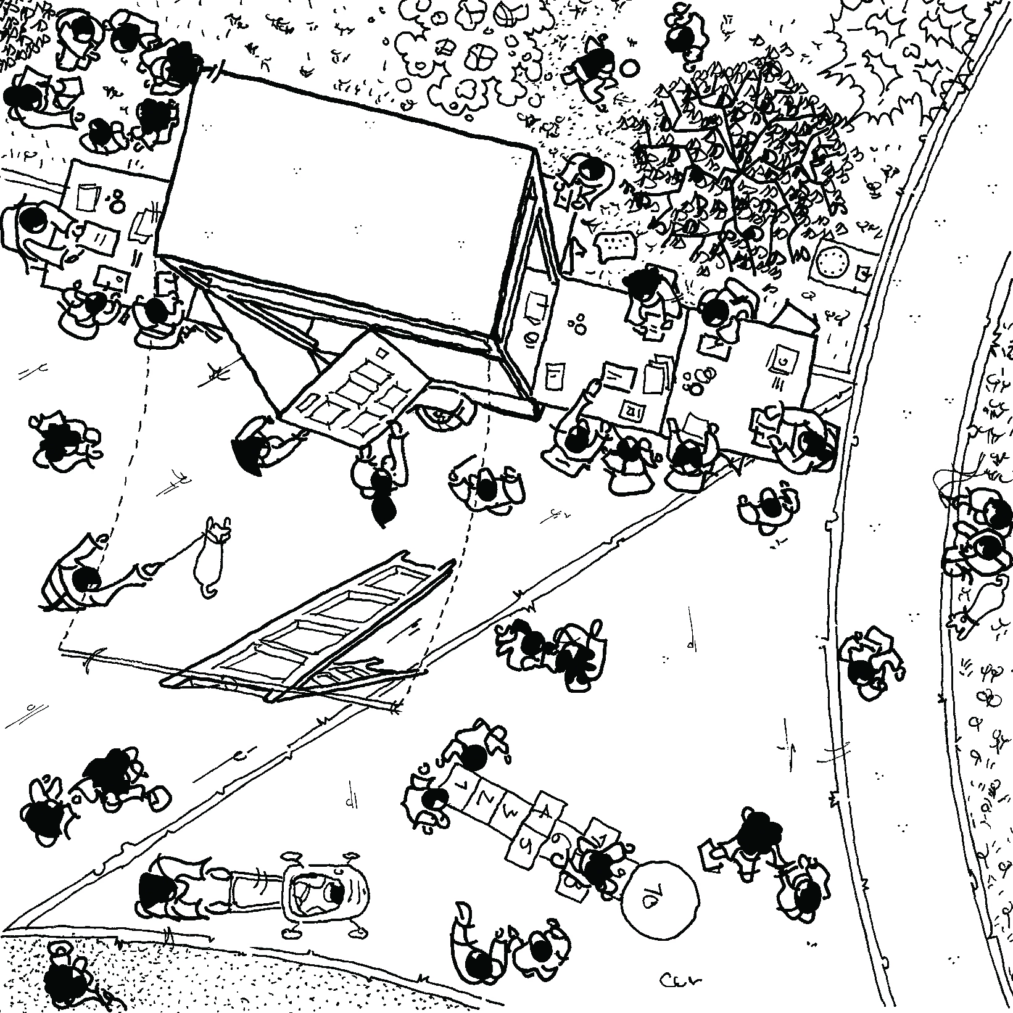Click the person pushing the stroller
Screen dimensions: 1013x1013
[x=162, y=888]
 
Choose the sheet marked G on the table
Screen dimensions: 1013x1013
[x=782, y=360]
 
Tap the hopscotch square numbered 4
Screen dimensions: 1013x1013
[x=545, y=809]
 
